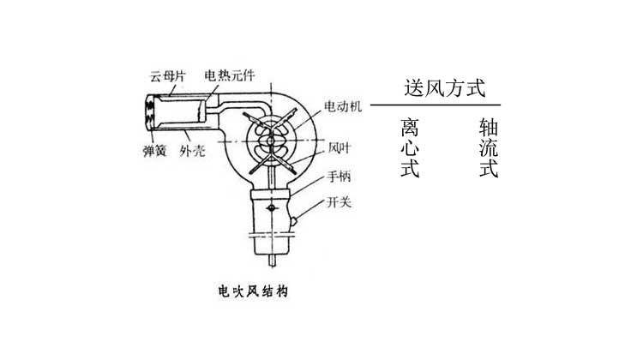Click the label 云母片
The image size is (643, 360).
click(168, 76)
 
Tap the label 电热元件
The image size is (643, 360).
click(230, 75)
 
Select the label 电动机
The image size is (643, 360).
click(343, 106)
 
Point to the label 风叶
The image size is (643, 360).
click(340, 148)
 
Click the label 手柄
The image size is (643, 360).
click(339, 177)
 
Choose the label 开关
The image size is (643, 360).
click(340, 202)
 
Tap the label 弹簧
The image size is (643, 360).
click(154, 151)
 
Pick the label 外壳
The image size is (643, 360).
click(192, 151)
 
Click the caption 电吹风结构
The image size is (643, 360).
click(253, 291)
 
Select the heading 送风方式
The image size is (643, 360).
click(445, 88)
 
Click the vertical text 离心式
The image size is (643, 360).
click(410, 148)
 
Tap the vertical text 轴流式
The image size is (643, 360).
click(489, 148)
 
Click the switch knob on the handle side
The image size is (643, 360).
click(293, 221)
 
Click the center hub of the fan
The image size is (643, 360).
click(271, 141)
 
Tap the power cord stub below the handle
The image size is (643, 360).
click(272, 260)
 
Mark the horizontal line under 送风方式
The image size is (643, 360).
click(436, 105)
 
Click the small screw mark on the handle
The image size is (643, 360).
click(272, 208)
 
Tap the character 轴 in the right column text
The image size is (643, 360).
click(489, 128)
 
